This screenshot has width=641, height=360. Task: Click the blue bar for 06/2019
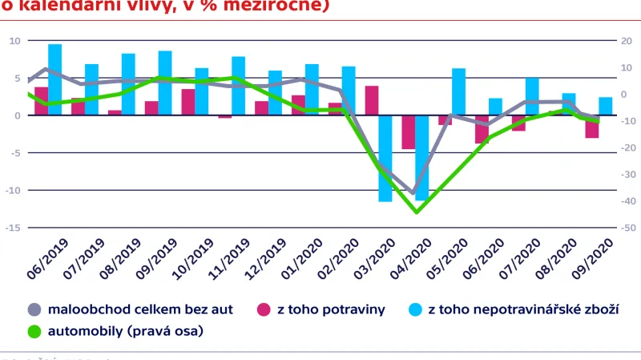click(54, 79)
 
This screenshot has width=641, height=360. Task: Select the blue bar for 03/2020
click(385, 158)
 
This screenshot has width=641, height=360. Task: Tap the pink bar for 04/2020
click(409, 132)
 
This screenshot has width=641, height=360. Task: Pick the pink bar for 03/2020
click(372, 100)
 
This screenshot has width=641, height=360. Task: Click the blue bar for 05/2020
click(459, 91)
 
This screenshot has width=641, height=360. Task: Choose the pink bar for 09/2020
click(592, 127)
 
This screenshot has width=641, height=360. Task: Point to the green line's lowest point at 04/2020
click(416, 212)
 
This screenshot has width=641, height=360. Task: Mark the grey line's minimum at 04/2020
click(413, 194)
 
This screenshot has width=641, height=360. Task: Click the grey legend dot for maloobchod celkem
click(34, 309)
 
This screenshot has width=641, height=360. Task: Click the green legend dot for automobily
click(34, 330)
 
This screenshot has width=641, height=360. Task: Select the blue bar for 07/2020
click(532, 96)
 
